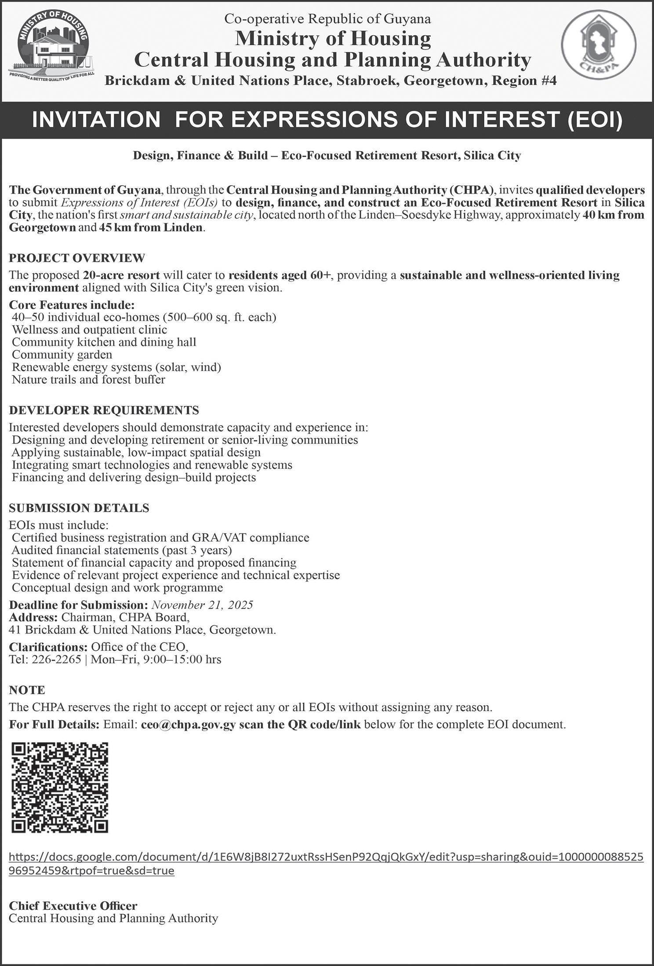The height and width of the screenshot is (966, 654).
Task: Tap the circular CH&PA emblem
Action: (598, 48)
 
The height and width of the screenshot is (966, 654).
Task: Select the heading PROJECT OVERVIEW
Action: (77, 258)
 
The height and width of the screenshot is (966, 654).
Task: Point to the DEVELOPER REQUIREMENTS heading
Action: (104, 410)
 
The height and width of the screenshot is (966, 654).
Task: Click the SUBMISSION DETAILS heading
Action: (79, 508)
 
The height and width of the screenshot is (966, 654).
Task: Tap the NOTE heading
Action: (27, 690)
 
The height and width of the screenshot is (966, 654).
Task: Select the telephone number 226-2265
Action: (56, 660)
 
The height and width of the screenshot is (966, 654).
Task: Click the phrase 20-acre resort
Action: (121, 275)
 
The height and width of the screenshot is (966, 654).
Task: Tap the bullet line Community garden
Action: (62, 354)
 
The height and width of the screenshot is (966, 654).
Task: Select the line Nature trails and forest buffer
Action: (88, 379)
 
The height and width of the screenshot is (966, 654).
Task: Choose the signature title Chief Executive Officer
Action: (73, 906)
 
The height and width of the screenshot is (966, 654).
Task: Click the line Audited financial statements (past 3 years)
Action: (122, 550)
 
